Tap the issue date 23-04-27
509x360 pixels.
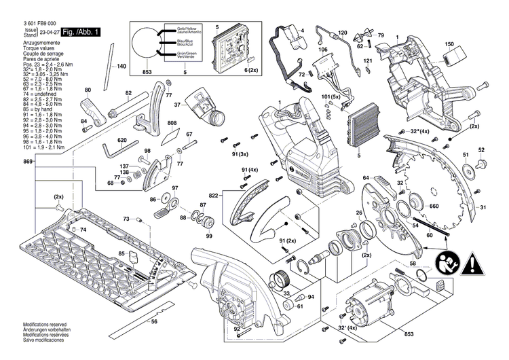coord(48,33)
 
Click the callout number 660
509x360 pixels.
coord(434,207)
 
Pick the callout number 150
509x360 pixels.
coord(449,44)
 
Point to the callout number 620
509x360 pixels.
coord(121,141)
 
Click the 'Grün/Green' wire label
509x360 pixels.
coord(178,54)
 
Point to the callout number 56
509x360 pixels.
coord(154,321)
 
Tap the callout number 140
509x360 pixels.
coord(121,67)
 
